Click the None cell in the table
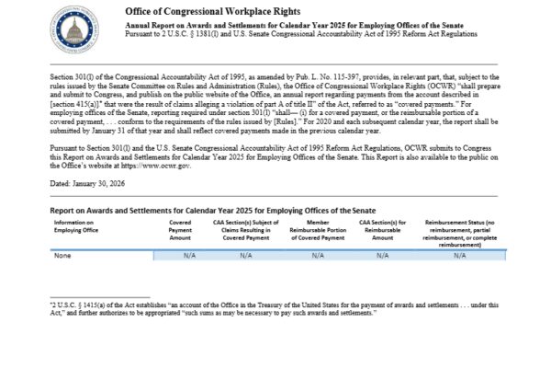pyautogui.click(x=62, y=255)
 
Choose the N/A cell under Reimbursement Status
pyautogui.click(x=459, y=255)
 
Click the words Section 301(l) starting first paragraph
pyautogui.click(x=73, y=81)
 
